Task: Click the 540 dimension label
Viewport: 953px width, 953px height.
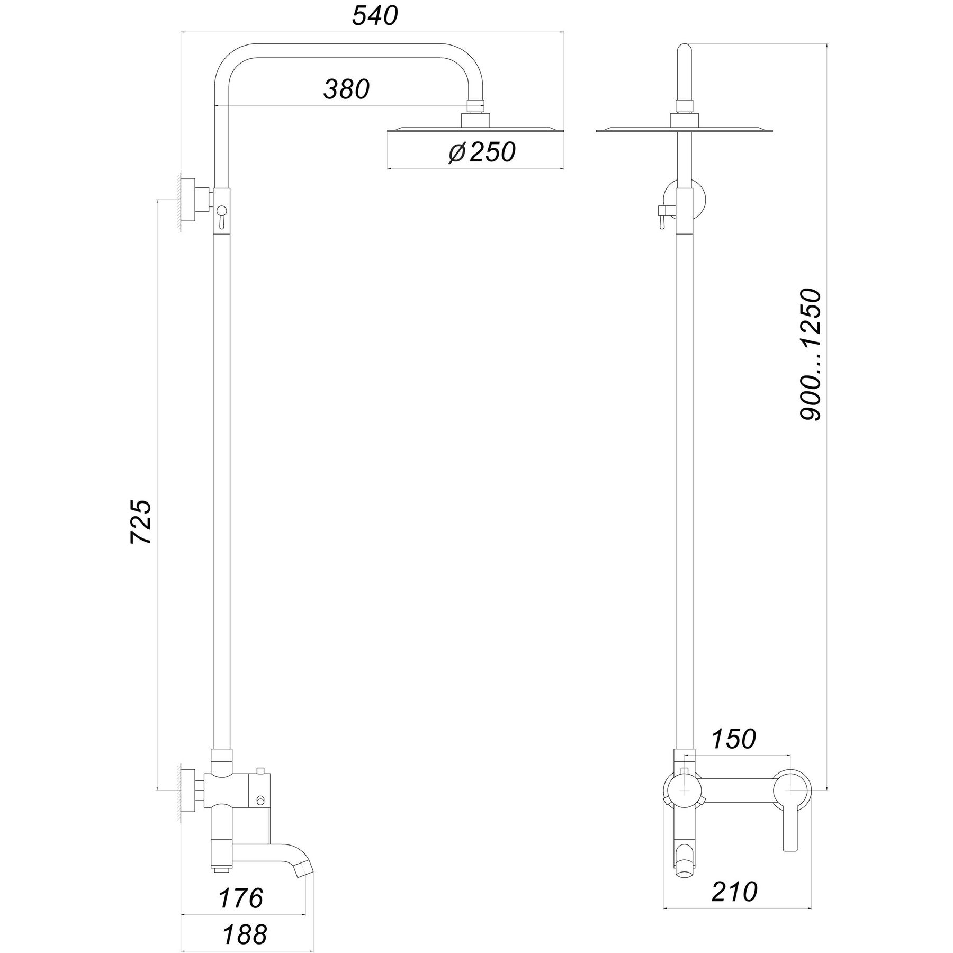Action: click(375, 17)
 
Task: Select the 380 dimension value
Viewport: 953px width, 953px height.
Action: click(346, 89)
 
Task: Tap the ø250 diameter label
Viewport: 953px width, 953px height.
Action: click(481, 152)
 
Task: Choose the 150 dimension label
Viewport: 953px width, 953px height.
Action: click(733, 740)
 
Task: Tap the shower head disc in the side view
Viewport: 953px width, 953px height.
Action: click(475, 130)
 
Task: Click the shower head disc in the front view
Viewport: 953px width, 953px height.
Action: click(686, 130)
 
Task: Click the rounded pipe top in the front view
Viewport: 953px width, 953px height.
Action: click(686, 53)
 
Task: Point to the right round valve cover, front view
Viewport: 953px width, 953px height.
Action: click(791, 789)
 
